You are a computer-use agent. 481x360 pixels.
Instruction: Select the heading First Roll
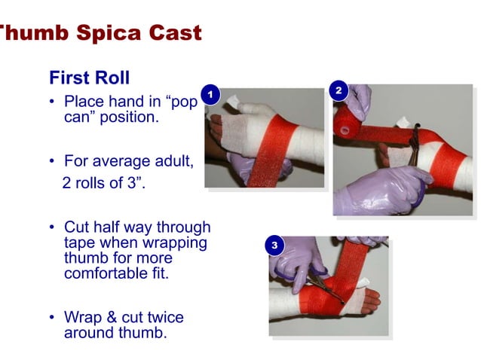89,78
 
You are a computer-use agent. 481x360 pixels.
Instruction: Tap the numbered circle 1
211,95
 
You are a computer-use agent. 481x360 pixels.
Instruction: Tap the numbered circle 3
275,246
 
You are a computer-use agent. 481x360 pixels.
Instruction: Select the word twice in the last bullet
166,317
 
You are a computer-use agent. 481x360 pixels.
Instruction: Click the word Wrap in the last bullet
82,317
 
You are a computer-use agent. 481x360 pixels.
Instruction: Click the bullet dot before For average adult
54,162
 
